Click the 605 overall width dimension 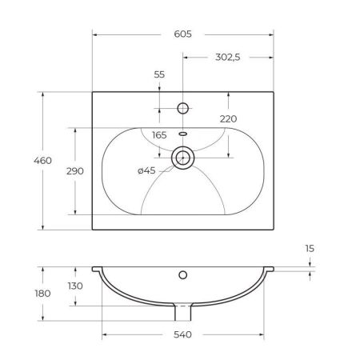tap(182, 34)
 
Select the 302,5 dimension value tap(228, 57)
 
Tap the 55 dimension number tap(159, 74)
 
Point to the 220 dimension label tap(228, 119)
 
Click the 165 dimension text tap(159, 135)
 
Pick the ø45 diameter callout tap(146, 170)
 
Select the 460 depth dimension tap(42, 161)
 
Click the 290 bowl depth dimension tap(75, 171)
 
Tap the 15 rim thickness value tap(310, 249)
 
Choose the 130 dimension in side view tap(75, 286)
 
